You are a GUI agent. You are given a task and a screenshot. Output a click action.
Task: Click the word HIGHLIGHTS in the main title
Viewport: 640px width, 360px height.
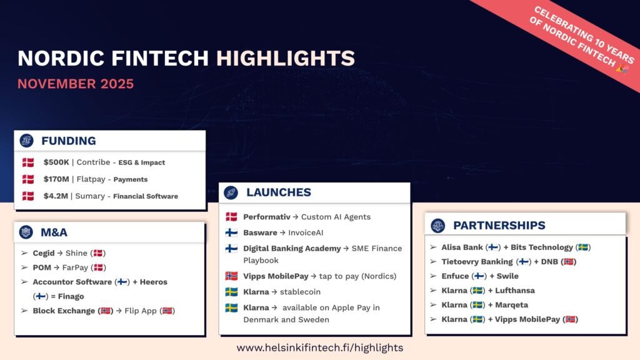(285, 58)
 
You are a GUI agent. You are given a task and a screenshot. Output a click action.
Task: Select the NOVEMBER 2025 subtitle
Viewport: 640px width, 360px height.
(76, 84)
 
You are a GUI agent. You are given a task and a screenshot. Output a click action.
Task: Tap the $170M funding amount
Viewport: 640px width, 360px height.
(56, 179)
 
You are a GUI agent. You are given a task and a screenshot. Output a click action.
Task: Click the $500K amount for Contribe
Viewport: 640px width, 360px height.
(56, 162)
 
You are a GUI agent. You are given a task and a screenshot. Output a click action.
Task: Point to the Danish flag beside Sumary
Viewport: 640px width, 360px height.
(28, 196)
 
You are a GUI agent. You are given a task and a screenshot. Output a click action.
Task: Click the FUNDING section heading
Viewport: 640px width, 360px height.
(69, 141)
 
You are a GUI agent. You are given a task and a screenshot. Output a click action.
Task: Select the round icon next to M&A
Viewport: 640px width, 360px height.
(26, 232)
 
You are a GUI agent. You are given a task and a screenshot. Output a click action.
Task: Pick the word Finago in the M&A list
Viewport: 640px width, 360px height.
(71, 296)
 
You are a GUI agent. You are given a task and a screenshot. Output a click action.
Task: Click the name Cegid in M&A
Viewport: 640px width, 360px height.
(44, 253)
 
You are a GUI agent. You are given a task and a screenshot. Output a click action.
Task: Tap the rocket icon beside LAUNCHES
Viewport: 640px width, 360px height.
(231, 192)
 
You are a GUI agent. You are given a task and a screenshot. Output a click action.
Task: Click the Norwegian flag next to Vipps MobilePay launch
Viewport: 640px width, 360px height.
(231, 276)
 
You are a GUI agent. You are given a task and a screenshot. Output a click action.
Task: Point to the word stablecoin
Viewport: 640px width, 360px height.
(300, 292)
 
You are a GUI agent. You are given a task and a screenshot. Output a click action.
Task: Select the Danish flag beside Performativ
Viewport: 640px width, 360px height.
(231, 217)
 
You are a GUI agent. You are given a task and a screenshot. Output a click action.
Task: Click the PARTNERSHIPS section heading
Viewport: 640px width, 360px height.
(499, 225)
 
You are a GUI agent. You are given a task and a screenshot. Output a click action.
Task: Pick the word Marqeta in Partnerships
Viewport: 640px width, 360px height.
(511, 305)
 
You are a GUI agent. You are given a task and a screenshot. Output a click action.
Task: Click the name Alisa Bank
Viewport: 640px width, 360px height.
(462, 247)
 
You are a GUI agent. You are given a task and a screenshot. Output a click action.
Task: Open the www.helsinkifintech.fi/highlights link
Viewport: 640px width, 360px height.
(320, 347)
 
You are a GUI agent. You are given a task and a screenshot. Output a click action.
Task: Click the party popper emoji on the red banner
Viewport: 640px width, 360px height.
(623, 69)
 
